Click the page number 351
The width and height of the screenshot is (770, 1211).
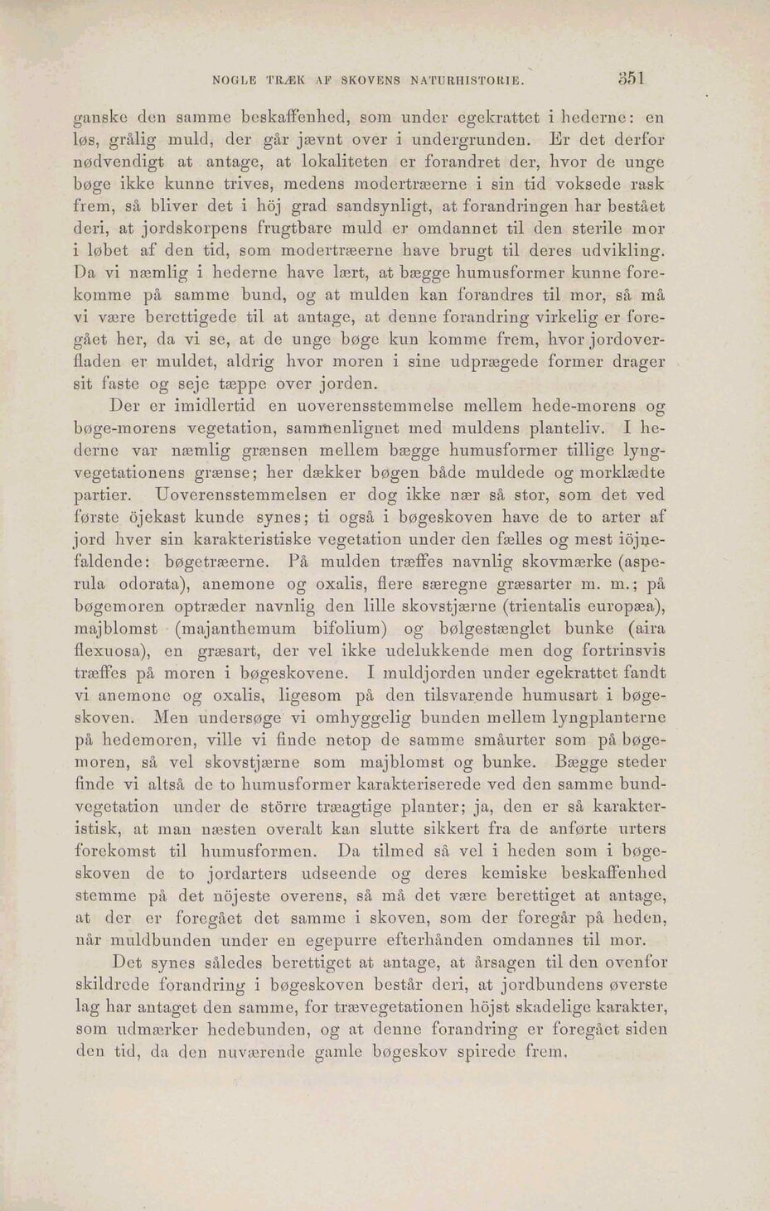coord(631,80)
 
